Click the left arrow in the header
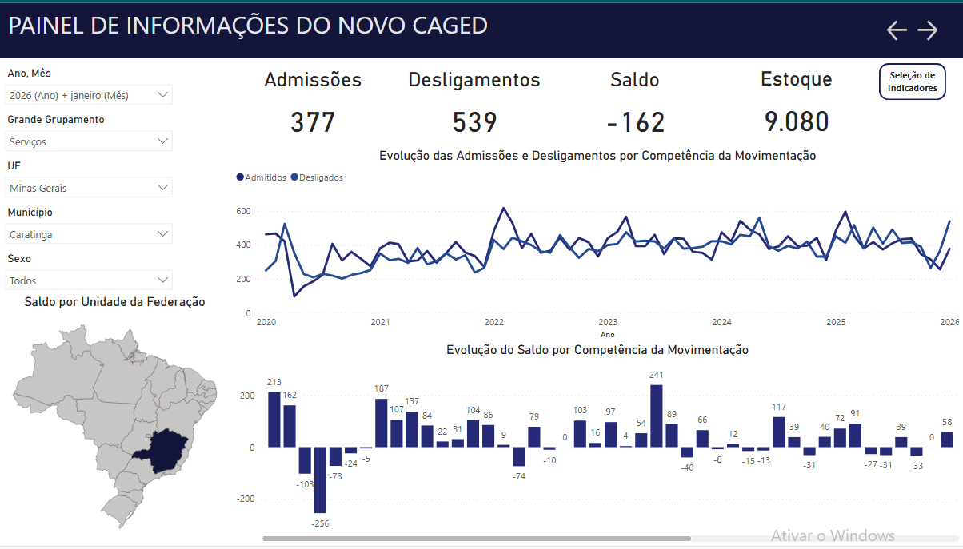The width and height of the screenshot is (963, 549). coord(897,30)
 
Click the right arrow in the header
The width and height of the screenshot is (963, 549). coord(928,30)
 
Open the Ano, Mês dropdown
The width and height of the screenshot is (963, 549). coord(89,95)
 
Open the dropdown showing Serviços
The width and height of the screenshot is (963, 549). coord(89,141)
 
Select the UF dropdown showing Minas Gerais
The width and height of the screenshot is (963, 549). coord(89,188)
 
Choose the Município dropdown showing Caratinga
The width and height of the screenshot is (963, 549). coord(89,234)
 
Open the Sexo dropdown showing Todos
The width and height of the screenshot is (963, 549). coord(89,280)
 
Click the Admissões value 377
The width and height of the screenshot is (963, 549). coord(313,122)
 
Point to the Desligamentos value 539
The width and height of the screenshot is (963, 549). coord(474,122)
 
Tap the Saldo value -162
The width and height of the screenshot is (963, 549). coord(635,122)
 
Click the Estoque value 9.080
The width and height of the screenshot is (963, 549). coord(797,122)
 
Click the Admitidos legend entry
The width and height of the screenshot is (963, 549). coord(262,177)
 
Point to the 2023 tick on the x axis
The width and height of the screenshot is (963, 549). coord(608,322)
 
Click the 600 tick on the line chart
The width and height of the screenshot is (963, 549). coord(243,211)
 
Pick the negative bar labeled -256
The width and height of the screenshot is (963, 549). coord(320,479)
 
